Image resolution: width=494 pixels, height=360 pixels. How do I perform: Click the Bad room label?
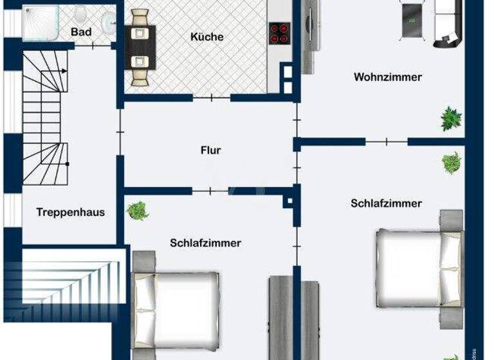click(x=81, y=32)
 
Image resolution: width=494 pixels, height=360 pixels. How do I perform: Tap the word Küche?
click(x=206, y=37)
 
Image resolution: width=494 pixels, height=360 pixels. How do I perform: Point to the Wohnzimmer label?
click(x=387, y=77)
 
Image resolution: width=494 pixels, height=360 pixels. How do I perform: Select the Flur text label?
click(x=210, y=150)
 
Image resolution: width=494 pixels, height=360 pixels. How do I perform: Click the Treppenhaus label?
click(x=70, y=212)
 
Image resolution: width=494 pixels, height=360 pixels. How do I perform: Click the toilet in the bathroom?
click(x=80, y=14)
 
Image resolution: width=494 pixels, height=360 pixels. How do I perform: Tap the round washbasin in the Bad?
click(x=109, y=21)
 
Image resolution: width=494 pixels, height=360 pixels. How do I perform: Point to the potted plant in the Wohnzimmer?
click(x=451, y=118)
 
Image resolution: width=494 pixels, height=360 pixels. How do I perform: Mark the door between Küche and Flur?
click(x=211, y=98)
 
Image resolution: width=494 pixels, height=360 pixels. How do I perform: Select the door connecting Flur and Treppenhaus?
click(x=120, y=132)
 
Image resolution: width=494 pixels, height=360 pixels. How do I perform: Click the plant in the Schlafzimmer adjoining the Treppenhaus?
click(x=137, y=210)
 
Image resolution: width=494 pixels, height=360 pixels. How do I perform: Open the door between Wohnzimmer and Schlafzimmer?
click(x=386, y=141)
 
